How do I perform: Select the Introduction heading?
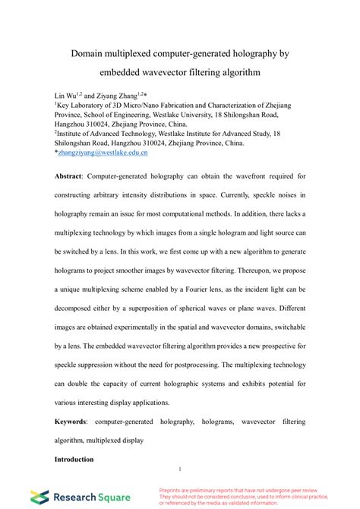coord(74,459)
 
